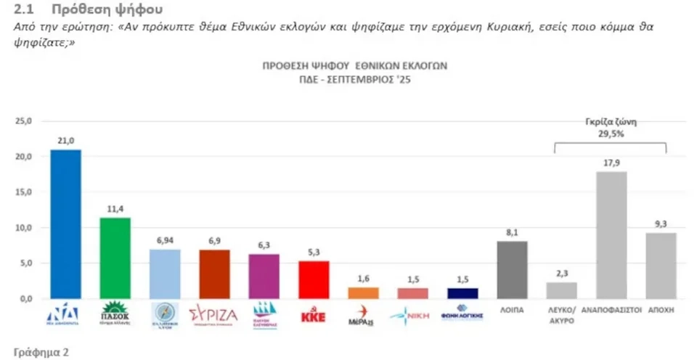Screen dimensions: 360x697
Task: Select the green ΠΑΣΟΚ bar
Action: click(115, 258)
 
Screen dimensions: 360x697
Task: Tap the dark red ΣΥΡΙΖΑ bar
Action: click(214, 274)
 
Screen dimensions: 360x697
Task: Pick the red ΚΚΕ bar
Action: click(314, 279)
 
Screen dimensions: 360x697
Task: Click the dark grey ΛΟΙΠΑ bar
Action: click(512, 269)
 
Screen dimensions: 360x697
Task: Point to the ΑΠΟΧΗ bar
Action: click(660, 265)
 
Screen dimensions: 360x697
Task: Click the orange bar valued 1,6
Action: click(363, 292)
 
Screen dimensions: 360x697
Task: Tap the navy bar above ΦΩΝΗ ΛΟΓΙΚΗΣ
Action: click(462, 293)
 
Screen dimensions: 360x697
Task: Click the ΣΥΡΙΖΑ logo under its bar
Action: click(214, 315)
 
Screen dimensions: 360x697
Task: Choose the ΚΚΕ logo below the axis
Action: click(314, 316)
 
